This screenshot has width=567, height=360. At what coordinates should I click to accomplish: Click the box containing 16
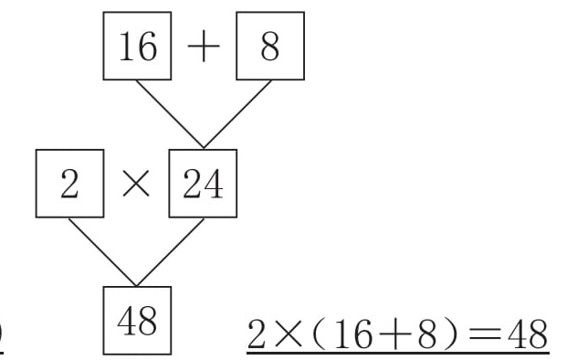pyautogui.click(x=137, y=46)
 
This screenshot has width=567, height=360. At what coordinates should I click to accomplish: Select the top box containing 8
pyautogui.click(x=270, y=46)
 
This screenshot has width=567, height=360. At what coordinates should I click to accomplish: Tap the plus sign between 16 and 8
pyautogui.click(x=204, y=46)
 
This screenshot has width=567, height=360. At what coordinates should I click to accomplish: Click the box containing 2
pyautogui.click(x=69, y=184)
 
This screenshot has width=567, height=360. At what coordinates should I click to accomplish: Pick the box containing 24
pyautogui.click(x=203, y=184)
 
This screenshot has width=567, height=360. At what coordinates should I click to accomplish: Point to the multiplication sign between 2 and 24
pyautogui.click(x=136, y=184)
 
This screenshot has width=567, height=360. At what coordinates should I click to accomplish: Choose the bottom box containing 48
pyautogui.click(x=137, y=321)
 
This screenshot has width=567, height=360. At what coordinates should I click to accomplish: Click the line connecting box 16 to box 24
pyautogui.click(x=170, y=114)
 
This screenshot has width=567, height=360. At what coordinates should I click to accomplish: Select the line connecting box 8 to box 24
pyautogui.click(x=237, y=114)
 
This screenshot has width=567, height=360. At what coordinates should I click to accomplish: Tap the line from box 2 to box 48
pyautogui.click(x=102, y=252)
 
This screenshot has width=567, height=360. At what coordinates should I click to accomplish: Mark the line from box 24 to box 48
pyautogui.click(x=171, y=252)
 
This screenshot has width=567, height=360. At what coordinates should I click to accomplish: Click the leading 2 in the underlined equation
pyautogui.click(x=256, y=334)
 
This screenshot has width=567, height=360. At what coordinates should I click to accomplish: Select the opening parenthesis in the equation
pyautogui.click(x=317, y=334)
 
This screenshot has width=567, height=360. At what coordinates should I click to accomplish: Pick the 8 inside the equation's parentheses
pyautogui.click(x=427, y=334)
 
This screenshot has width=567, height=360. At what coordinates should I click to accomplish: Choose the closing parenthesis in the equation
pyautogui.click(x=451, y=334)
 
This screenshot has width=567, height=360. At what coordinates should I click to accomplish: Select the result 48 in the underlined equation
pyautogui.click(x=528, y=334)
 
